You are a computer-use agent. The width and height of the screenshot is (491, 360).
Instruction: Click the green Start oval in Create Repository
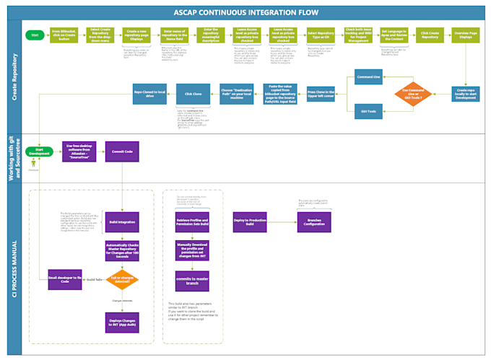(33, 34)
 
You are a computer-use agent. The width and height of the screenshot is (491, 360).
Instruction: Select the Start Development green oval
(40, 152)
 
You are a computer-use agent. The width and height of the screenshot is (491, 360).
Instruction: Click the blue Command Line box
(368, 77)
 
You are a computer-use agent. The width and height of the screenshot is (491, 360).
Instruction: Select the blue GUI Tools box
(368, 111)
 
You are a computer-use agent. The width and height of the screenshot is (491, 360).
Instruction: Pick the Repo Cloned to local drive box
(150, 94)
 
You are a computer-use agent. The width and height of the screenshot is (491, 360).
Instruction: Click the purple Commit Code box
(122, 152)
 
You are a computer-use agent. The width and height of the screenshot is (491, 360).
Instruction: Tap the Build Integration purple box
(122, 221)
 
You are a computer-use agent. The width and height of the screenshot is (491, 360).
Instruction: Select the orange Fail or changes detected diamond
(122, 279)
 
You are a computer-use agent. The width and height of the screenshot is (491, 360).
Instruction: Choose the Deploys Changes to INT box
(122, 322)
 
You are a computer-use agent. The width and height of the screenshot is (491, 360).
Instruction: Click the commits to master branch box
(192, 280)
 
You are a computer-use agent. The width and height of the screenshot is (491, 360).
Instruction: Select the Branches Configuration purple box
(314, 222)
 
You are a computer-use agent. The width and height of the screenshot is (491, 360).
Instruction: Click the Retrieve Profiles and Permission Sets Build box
(192, 221)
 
